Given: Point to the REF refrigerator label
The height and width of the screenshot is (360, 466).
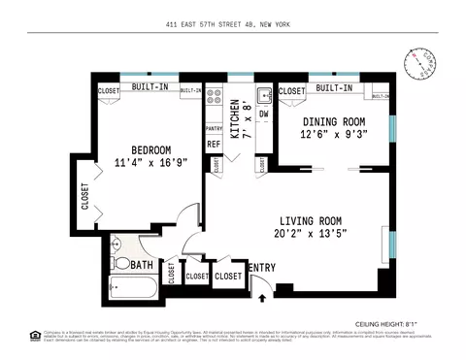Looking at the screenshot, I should point(213,144).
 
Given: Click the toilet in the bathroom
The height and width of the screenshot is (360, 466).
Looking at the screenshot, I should point(120,263).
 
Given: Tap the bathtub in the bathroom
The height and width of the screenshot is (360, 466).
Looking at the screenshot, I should point(134,289).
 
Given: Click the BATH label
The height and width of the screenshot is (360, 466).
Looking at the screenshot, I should point(142,265).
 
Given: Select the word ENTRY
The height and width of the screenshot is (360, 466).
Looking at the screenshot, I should point(262,268).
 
